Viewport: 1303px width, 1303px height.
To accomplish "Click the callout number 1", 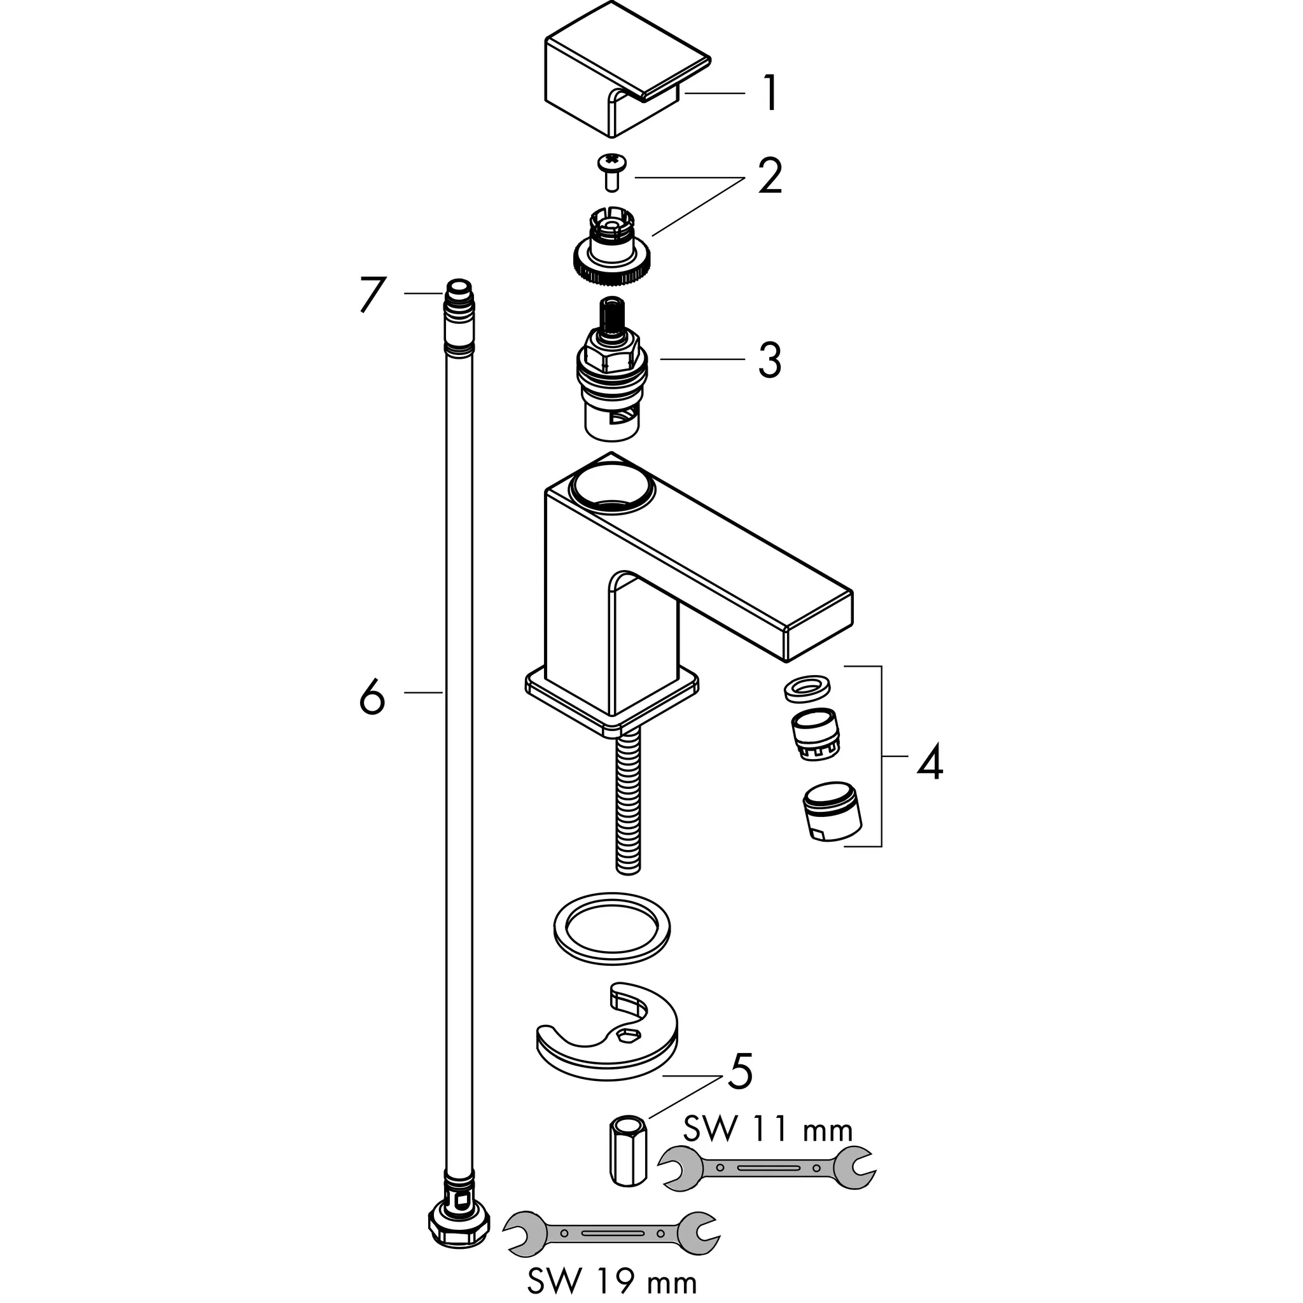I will pyautogui.click(x=770, y=94).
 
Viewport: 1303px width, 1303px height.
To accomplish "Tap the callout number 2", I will pyautogui.click(x=770, y=178).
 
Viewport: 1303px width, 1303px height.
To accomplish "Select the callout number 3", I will pyautogui.click(x=770, y=360).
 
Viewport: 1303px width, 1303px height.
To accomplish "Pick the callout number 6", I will pyautogui.click(x=372, y=697).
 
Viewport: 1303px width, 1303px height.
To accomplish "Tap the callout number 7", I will pyautogui.click(x=372, y=294).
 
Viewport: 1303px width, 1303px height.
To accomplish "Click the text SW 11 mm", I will pyautogui.click(x=767, y=1129).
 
